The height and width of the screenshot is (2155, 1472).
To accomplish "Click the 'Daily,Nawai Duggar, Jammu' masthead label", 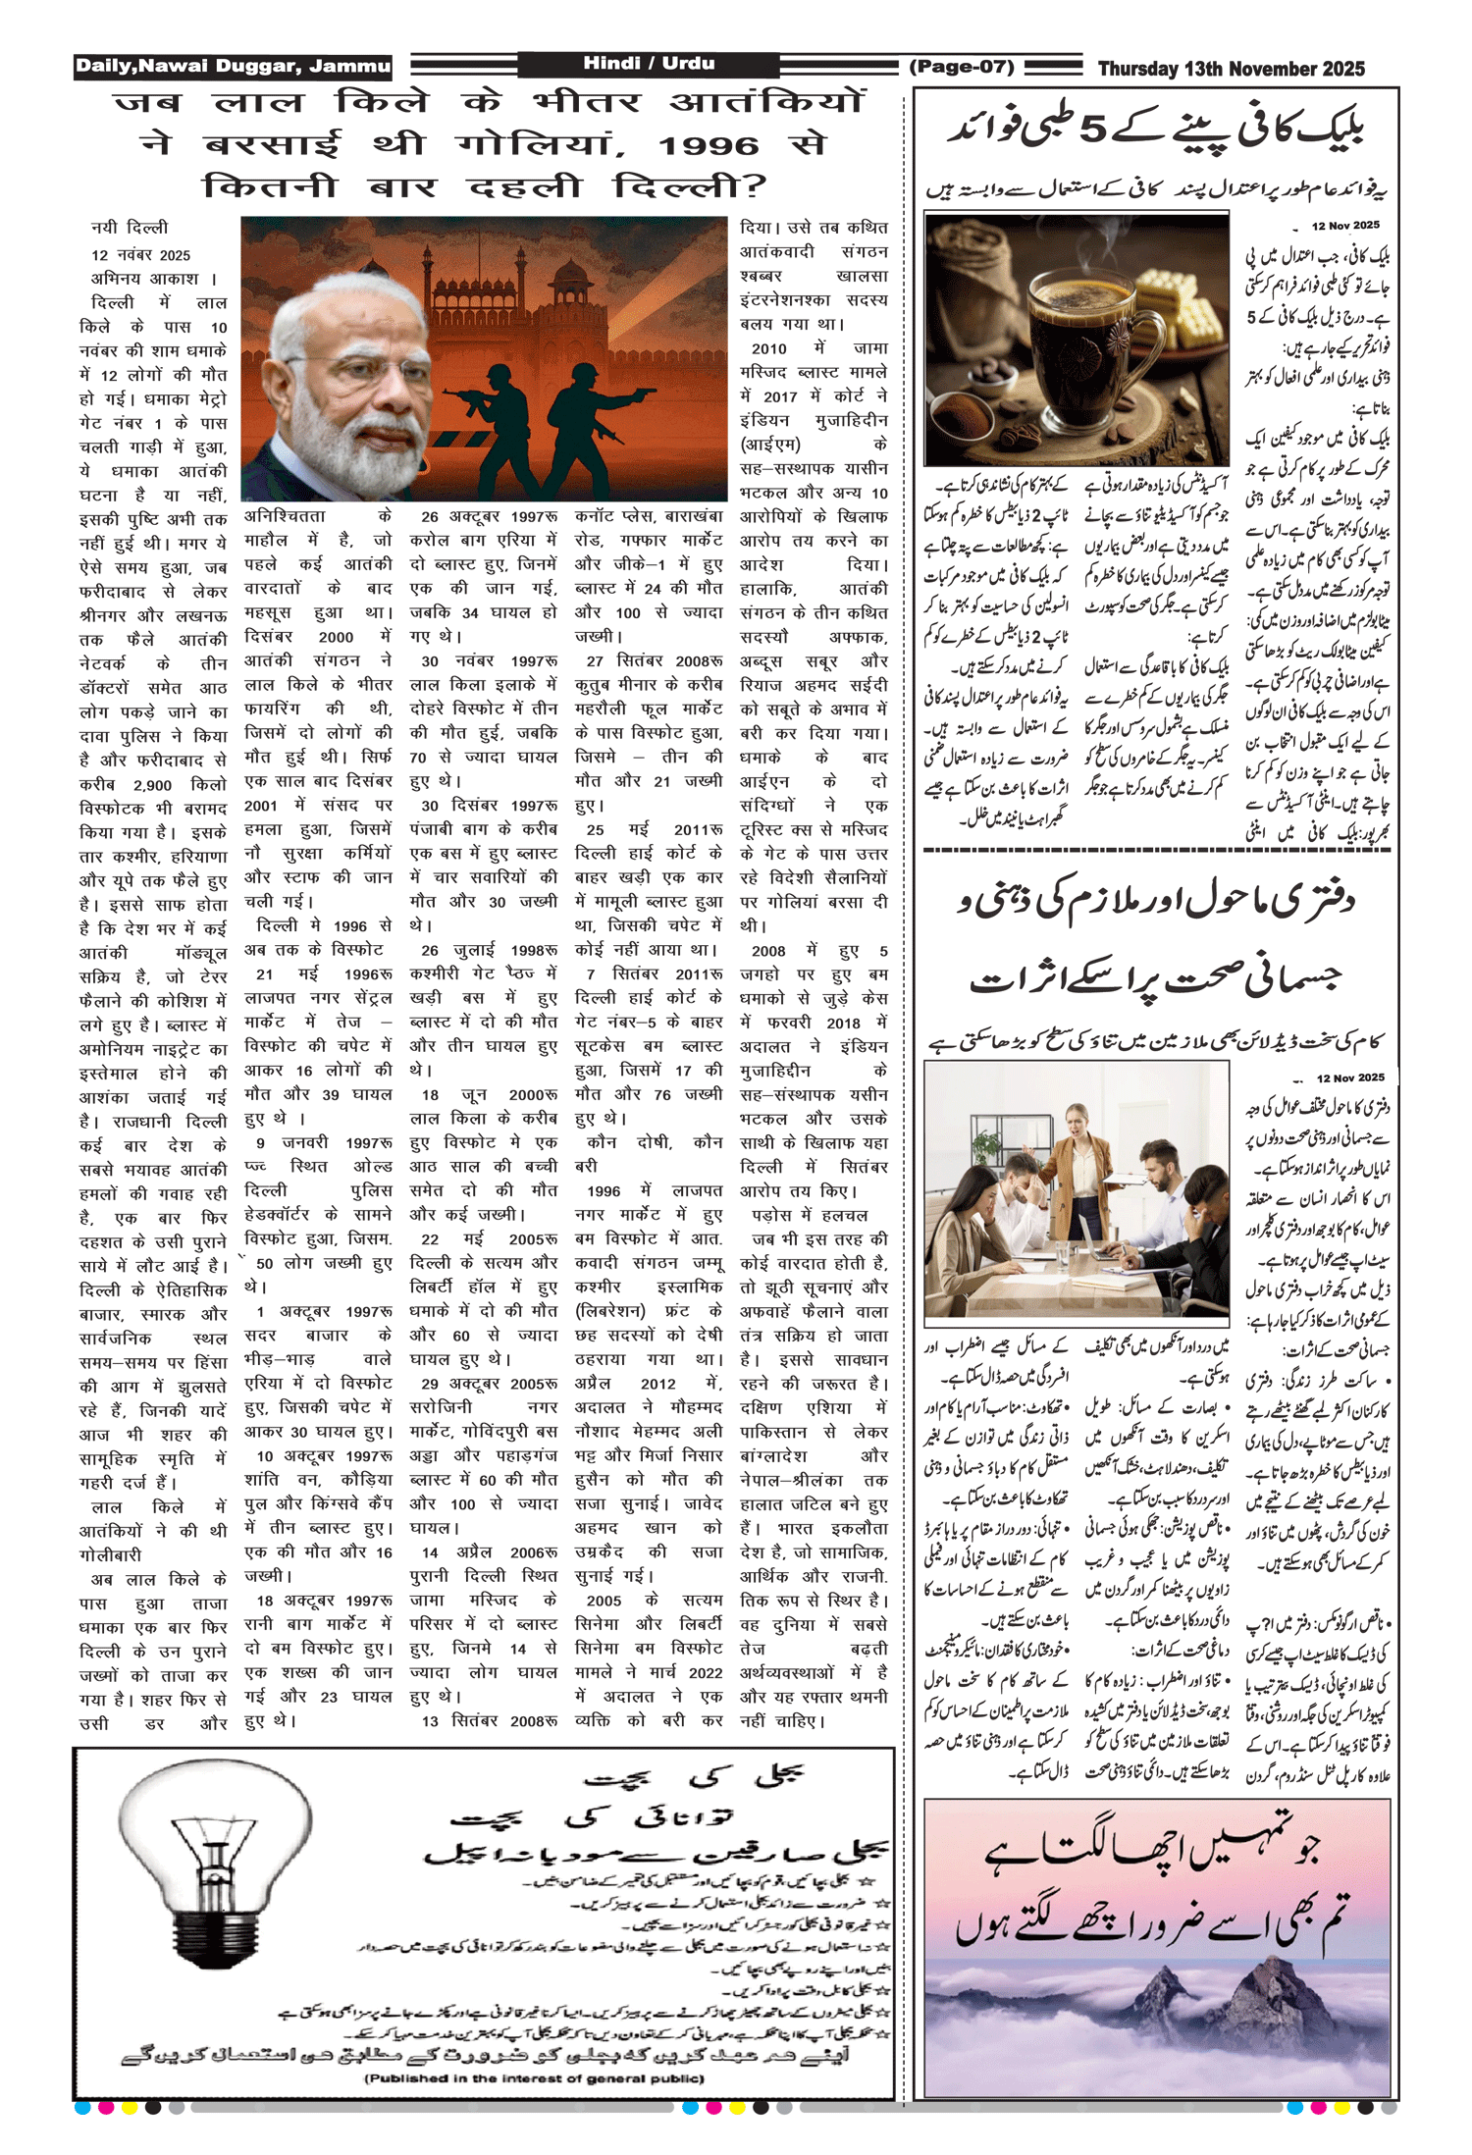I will pos(233,67).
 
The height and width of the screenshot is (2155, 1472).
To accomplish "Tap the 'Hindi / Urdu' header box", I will pos(649,64).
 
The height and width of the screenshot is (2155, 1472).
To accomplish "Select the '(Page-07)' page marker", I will pos(961,67).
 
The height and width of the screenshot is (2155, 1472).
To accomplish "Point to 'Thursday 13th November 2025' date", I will pos(1231,69).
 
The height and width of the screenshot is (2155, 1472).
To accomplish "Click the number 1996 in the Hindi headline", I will pos(709,146).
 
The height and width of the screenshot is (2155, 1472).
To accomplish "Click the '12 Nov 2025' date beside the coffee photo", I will pos(1345,226).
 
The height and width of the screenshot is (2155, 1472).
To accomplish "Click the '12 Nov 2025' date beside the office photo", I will pos(1350,1077).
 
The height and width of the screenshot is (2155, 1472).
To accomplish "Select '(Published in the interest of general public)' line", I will pos(534,2078).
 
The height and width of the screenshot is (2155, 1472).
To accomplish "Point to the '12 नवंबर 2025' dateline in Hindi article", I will pos(141,255).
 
